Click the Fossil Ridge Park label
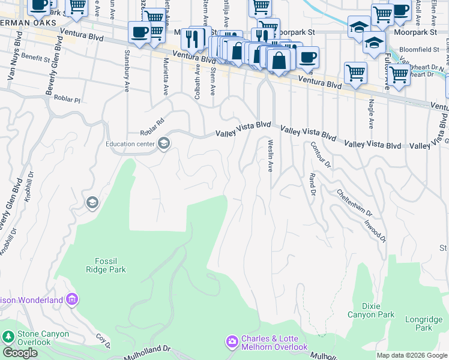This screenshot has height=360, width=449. (110, 265)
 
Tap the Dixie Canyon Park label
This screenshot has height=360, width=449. (371, 310)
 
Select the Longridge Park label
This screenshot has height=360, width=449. (418, 324)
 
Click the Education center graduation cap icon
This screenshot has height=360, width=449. (163, 143)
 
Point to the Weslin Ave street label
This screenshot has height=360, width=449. (271, 155)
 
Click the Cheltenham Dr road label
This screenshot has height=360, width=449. (355, 203)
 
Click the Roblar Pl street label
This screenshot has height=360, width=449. (67, 99)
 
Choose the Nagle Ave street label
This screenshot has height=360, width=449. (371, 113)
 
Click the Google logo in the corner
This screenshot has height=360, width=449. (20, 353)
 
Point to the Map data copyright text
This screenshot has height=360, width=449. (412, 355)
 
